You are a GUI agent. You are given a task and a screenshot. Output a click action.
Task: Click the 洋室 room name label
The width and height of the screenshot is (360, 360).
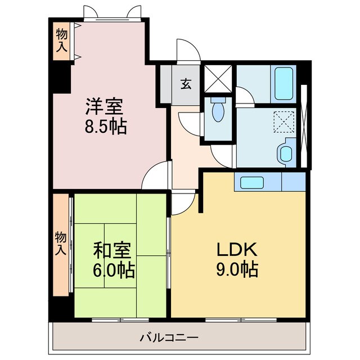point(104,106)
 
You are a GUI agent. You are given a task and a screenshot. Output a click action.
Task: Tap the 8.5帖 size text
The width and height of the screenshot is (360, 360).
point(106,126)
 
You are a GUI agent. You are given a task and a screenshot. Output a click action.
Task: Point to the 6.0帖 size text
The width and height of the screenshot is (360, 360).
point(114,271)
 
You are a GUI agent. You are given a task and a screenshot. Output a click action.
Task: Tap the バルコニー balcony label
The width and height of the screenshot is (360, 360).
point(169,338)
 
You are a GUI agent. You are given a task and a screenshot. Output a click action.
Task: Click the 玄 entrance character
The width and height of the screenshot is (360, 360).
point(185,84)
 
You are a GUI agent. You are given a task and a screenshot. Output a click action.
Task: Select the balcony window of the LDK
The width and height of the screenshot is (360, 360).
point(242,319)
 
